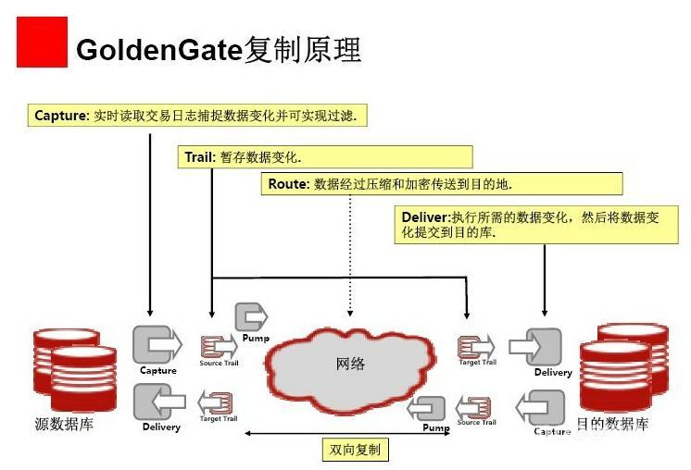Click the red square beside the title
(x=43, y=42)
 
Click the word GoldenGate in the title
(x=158, y=48)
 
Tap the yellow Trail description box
(x=324, y=157)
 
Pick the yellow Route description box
(x=441, y=184)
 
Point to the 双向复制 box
(x=354, y=451)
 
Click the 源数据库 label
(x=64, y=425)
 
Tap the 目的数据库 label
(x=612, y=425)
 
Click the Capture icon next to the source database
(x=156, y=345)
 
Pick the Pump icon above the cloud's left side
(x=252, y=318)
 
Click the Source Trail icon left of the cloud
(x=219, y=347)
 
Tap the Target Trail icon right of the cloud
(x=474, y=347)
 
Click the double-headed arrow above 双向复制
(x=354, y=432)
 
